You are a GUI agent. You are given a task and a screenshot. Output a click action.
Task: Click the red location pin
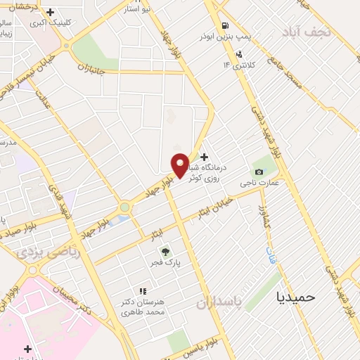coord(181,165)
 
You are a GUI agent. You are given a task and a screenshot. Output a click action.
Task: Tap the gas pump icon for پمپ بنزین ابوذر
coord(224,22)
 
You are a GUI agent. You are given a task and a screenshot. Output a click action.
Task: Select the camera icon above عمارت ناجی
coord(259,172)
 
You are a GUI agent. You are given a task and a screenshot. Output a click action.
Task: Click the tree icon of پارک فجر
coord(165,251)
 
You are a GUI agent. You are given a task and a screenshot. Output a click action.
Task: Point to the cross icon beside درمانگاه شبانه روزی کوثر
coord(204,157)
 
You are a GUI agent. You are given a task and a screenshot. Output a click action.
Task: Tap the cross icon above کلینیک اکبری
coord(50,12)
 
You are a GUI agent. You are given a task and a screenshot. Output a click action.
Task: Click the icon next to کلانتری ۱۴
coord(240,53)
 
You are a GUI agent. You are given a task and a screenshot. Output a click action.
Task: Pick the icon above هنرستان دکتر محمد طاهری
coord(142,290)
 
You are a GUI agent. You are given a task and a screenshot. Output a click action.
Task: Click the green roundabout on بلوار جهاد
coord(124,207)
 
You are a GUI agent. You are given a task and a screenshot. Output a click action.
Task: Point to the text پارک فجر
coord(169,263)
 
